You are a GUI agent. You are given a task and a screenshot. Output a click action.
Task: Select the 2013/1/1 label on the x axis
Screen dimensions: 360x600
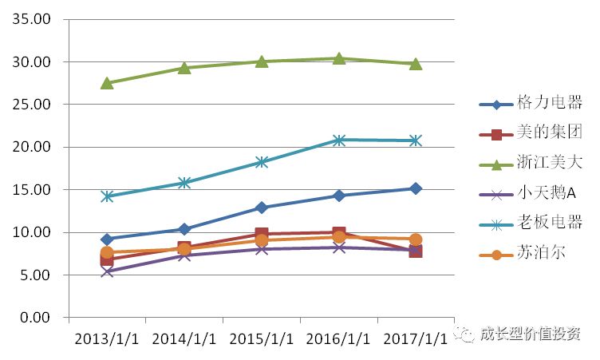coord(107,338)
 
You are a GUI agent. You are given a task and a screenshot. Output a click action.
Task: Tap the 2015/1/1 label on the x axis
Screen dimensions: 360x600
coord(262,338)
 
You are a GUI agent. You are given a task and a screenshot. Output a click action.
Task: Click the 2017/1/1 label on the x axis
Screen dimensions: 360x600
coord(416,338)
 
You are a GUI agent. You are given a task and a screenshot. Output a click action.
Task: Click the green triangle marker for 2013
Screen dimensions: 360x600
coord(107,82)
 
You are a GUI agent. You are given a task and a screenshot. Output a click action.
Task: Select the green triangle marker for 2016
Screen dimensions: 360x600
coord(339,57)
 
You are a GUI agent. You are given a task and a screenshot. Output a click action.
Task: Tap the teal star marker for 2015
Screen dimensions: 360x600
coord(262,162)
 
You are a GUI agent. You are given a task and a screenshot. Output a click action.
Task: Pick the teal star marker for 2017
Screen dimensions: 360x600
coord(416,140)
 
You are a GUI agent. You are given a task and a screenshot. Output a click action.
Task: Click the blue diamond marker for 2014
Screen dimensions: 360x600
coord(184,229)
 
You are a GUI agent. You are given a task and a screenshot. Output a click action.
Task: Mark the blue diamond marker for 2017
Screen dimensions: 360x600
coord(416,188)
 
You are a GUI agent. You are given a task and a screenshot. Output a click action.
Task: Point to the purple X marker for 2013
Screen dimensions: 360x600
coord(107,271)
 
